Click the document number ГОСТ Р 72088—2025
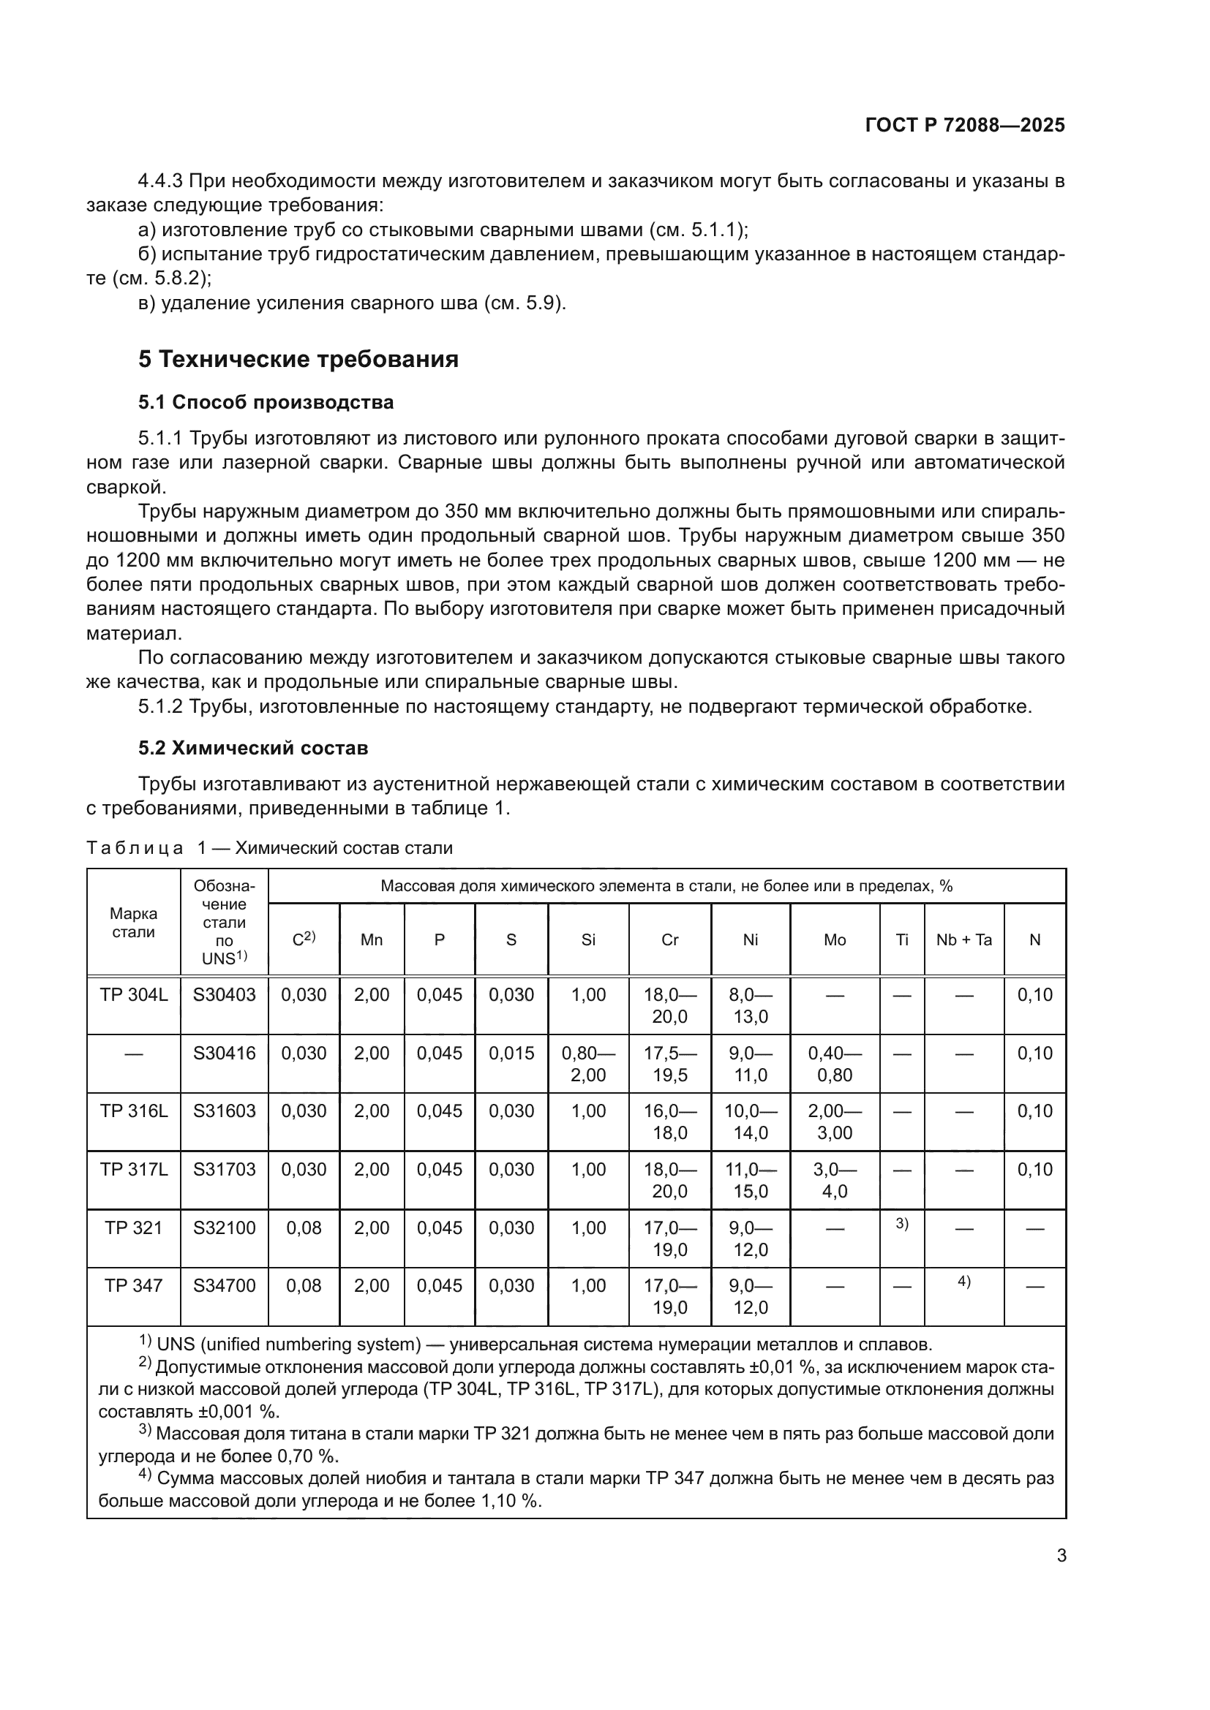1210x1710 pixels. pyautogui.click(x=965, y=125)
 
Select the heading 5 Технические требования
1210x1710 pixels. pyautogui.click(x=298, y=359)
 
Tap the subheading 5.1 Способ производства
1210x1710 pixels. pyautogui.click(x=266, y=402)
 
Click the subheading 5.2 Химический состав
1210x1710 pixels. pyautogui.click(x=252, y=748)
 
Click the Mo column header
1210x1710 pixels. pyautogui.click(x=835, y=940)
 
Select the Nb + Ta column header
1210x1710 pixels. pyautogui.click(x=963, y=940)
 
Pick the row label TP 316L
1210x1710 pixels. pyautogui.click(x=133, y=1111)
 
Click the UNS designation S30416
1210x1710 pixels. pyautogui.click(x=225, y=1053)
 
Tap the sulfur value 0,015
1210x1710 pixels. pyautogui.click(x=511, y=1053)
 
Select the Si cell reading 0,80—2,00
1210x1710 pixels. pyautogui.click(x=588, y=1064)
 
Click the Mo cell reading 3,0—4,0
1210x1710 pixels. pyautogui.click(x=835, y=1180)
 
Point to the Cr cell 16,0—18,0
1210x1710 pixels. pyautogui.click(x=670, y=1121)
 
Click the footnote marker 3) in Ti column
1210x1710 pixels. pyautogui.click(x=901, y=1223)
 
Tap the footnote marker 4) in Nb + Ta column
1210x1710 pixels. pyautogui.click(x=963, y=1281)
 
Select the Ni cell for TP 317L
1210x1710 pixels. pyautogui.click(x=751, y=1180)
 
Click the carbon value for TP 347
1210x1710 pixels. pyautogui.click(x=304, y=1285)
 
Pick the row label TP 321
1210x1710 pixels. pyautogui.click(x=133, y=1227)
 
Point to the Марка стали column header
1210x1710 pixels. pyautogui.click(x=133, y=923)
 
